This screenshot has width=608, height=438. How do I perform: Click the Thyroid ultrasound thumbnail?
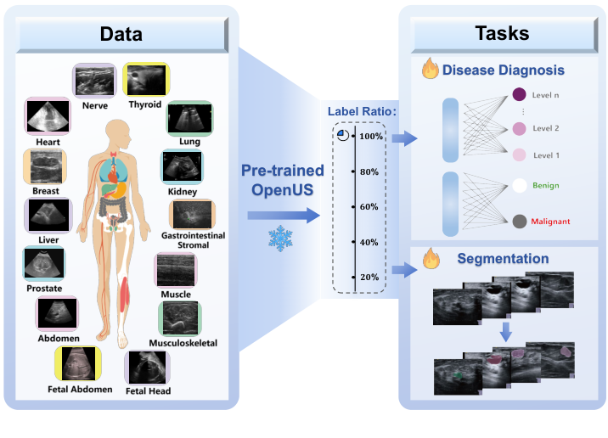point(147,80)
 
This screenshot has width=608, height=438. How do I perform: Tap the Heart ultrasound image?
point(48,115)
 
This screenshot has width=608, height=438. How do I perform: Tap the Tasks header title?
point(501,34)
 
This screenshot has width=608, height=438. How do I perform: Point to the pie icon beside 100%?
point(341,135)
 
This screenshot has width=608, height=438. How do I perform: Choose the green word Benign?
point(547,184)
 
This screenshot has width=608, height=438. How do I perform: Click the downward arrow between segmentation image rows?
point(505,332)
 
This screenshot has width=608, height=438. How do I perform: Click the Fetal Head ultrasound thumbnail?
point(148,368)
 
